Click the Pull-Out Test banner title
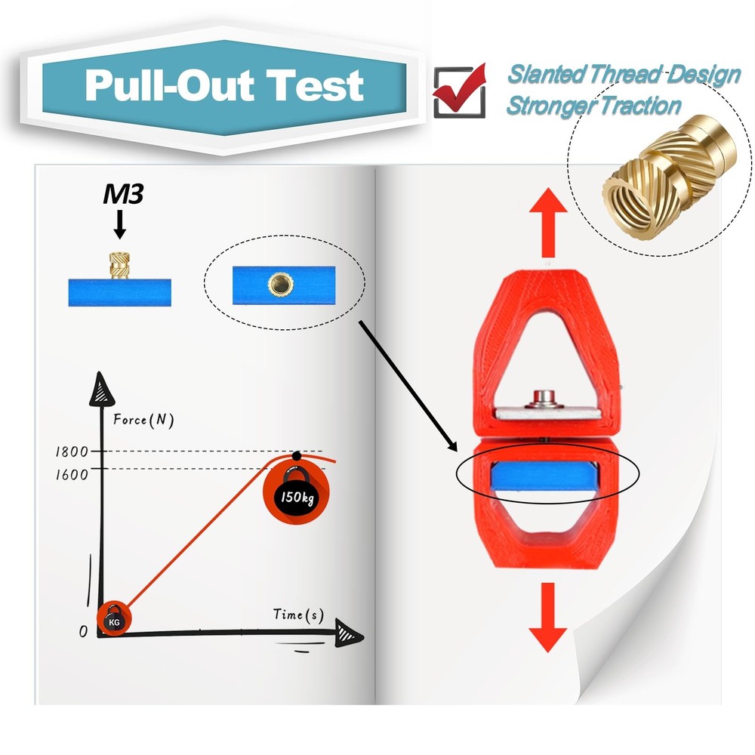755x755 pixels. click(224, 85)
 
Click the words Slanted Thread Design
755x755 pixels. click(624, 75)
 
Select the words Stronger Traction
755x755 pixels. click(594, 106)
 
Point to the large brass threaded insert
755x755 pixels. click(669, 177)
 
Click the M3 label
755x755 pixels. click(123, 194)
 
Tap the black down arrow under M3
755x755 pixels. click(120, 225)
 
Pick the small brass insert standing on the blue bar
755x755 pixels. click(120, 265)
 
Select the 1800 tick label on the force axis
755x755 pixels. click(72, 451)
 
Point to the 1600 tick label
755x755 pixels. click(72, 475)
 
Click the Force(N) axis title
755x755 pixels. click(143, 420)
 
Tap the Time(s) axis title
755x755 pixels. click(298, 615)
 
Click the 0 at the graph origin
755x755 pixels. click(83, 631)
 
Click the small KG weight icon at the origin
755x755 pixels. click(114, 619)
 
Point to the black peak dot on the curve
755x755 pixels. click(297, 455)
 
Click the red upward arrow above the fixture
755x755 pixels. click(548, 223)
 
